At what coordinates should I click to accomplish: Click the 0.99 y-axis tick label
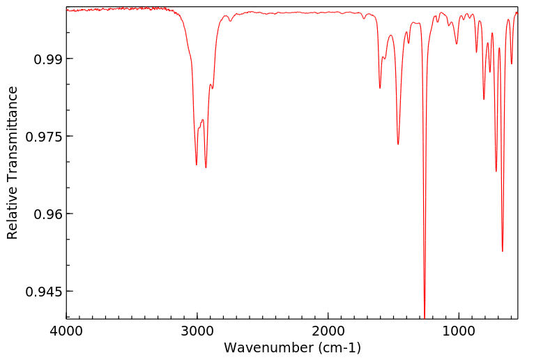(x=48, y=59)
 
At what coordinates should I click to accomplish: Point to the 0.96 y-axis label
(x=48, y=213)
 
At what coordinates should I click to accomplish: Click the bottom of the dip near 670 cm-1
(x=502, y=251)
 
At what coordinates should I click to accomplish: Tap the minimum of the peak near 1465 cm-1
(x=398, y=144)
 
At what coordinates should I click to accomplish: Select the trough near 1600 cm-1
(x=380, y=88)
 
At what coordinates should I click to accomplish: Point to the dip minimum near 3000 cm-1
(x=197, y=165)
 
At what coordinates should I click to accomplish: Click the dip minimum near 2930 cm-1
(x=206, y=167)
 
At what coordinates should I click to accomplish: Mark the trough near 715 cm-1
(x=496, y=171)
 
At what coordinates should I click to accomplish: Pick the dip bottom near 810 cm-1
(x=484, y=99)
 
